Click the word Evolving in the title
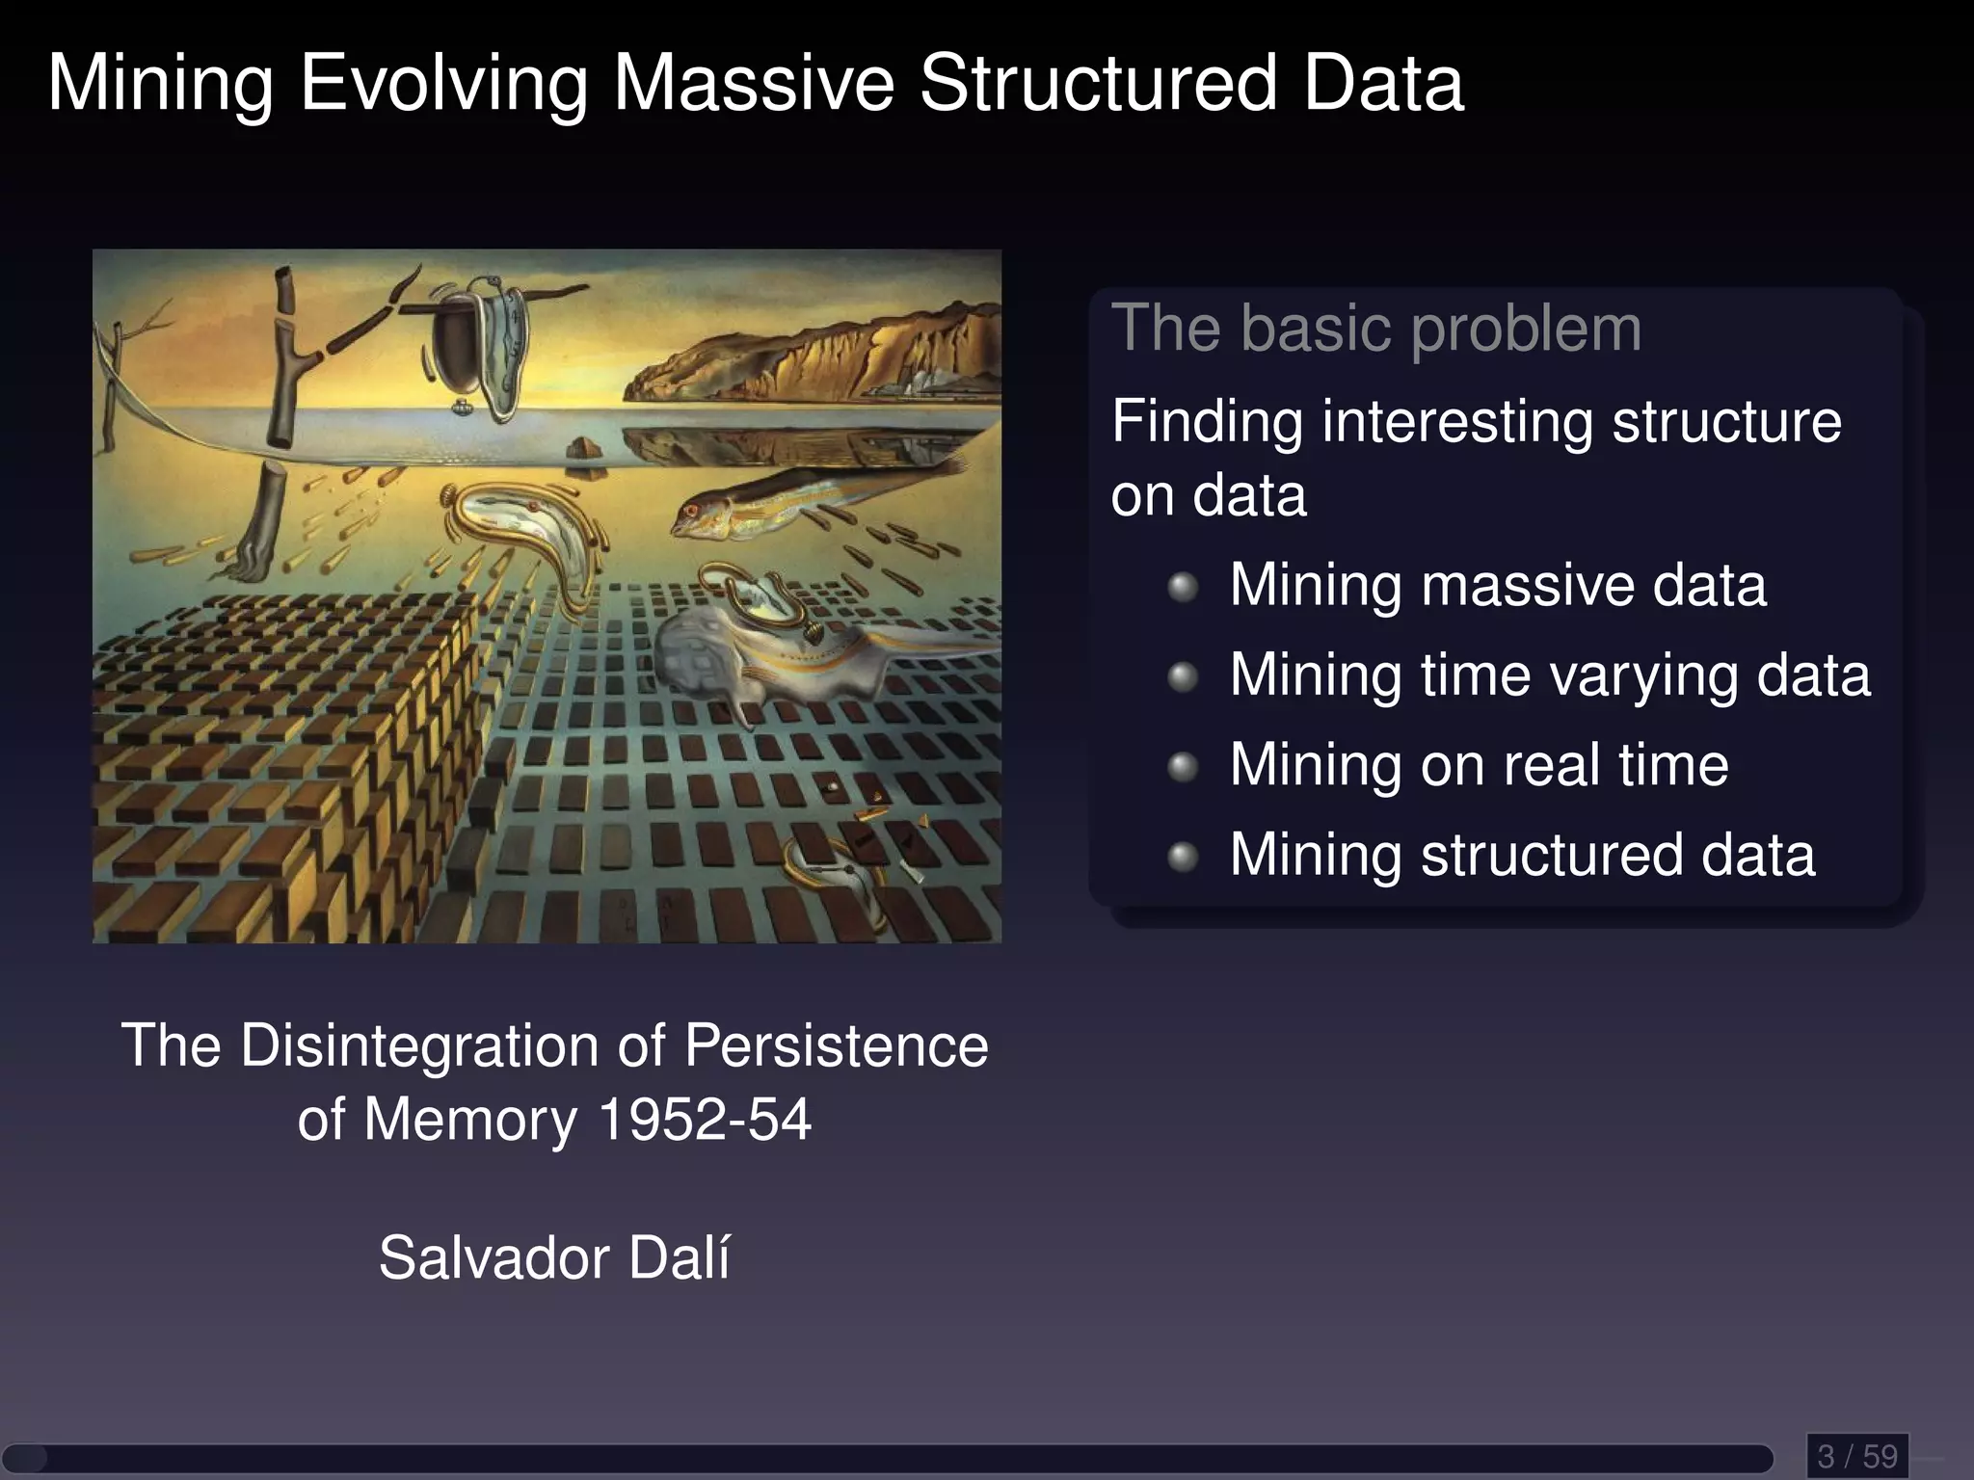tap(443, 85)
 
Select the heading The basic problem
tap(1375, 329)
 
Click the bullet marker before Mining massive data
tap(1183, 587)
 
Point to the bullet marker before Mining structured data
tap(1183, 857)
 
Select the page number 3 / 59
tap(1856, 1456)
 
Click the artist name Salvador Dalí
tap(554, 1258)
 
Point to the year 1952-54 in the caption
tap(704, 1121)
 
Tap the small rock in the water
tap(581, 446)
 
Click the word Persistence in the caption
tap(836, 1046)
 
